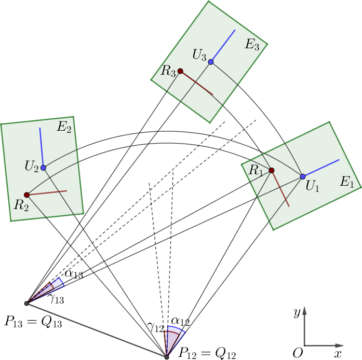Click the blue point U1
(x=303, y=176)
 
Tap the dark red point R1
(x=271, y=170)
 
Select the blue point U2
(x=43, y=168)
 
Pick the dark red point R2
(x=26, y=195)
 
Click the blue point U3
(x=210, y=62)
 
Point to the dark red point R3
(x=180, y=71)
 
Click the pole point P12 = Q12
(x=166, y=356)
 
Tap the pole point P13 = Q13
(x=26, y=303)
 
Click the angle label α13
(x=74, y=274)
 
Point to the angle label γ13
(x=57, y=298)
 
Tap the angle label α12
(x=180, y=322)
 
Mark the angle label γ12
(x=155, y=327)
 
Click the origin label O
(x=298, y=353)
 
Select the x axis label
(x=338, y=353)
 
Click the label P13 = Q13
(x=33, y=322)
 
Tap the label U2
(x=32, y=167)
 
